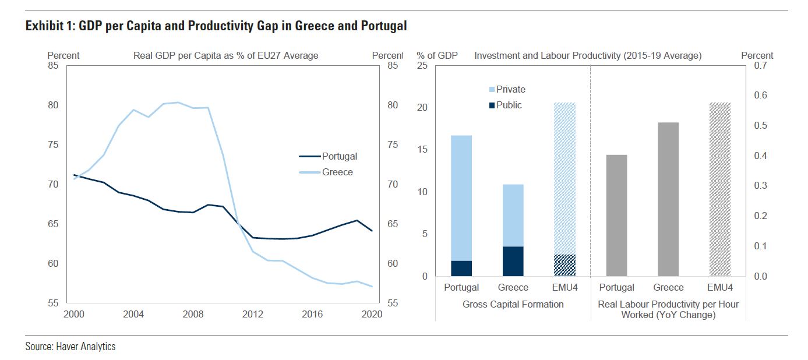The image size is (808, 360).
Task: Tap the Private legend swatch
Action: click(x=492, y=90)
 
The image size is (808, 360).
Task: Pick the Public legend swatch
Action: click(x=492, y=105)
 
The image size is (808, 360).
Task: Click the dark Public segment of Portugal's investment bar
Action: click(x=461, y=269)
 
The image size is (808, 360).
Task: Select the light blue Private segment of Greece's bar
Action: click(x=513, y=216)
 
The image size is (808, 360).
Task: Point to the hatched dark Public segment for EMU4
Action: click(x=564, y=266)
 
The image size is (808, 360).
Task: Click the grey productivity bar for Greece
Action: click(x=668, y=199)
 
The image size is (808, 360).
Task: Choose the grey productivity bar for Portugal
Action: click(x=616, y=216)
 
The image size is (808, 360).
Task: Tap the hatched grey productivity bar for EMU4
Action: click(x=720, y=189)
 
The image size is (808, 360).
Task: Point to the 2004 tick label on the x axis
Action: click(x=133, y=314)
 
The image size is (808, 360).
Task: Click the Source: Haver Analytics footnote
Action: click(x=70, y=347)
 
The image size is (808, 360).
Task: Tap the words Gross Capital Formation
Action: click(x=513, y=304)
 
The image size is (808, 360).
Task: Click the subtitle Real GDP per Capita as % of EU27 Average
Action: click(x=226, y=56)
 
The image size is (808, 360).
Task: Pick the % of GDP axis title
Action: click(x=437, y=56)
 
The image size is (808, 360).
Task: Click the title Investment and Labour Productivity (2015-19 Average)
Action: click(x=588, y=56)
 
